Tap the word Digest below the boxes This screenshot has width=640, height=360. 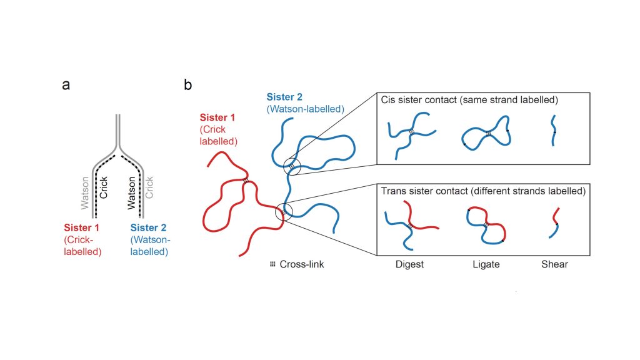coord(409,264)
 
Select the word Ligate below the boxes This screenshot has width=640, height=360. coord(486,264)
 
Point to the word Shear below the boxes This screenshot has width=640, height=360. coord(554,264)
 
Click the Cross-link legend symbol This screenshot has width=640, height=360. coord(272,264)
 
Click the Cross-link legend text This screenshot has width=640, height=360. coord(302,264)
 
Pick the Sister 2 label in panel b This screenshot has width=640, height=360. coord(285,97)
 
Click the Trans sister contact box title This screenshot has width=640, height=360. coord(482,191)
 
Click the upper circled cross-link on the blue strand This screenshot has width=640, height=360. coord(291,166)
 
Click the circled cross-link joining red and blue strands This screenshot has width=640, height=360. coord(284,212)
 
